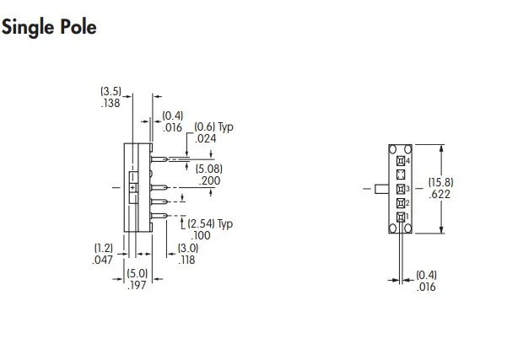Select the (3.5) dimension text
[111, 91]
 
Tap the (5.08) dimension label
[208, 169]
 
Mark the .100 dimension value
[199, 235]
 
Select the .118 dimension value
[186, 260]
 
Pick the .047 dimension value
[102, 260]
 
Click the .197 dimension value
[138, 285]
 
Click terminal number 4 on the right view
[402, 160]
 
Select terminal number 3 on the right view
[402, 188]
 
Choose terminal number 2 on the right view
[402, 202]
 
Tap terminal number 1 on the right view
[402, 217]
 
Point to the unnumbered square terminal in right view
[402, 174]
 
